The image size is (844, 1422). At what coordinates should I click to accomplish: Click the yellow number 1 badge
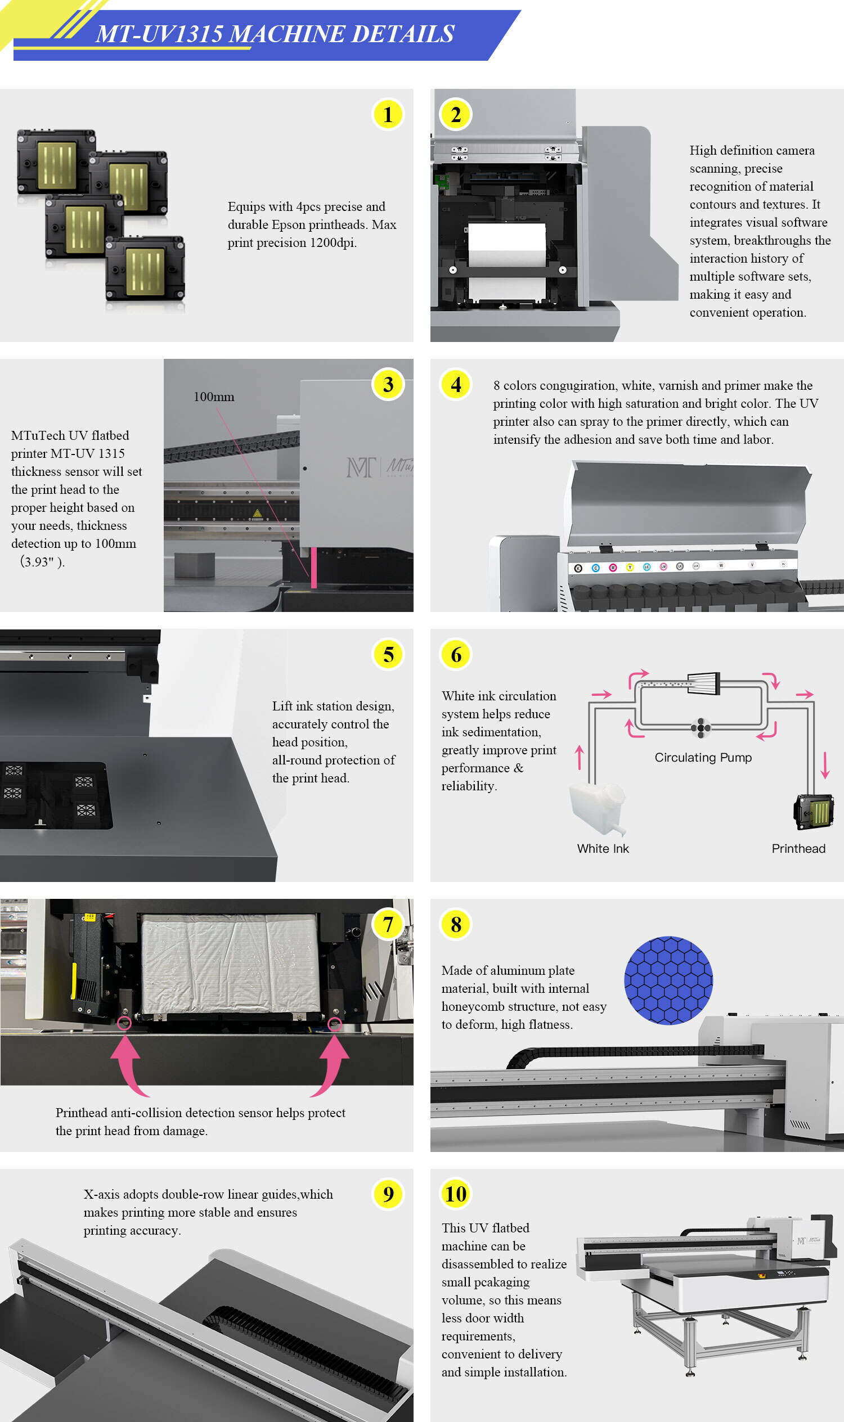tap(388, 114)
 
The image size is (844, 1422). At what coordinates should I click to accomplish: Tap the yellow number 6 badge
tap(456, 654)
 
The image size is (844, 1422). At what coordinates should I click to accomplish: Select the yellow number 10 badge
tap(456, 1194)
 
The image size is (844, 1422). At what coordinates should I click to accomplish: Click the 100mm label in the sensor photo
tap(214, 397)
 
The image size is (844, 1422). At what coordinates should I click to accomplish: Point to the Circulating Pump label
tap(703, 757)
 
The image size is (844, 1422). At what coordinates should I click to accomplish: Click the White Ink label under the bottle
tap(603, 848)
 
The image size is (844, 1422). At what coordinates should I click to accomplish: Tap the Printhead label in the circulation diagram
tap(798, 848)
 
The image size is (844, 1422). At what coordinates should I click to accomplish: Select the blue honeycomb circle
tap(668, 980)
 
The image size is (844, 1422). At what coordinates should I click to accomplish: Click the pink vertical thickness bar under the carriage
tap(313, 567)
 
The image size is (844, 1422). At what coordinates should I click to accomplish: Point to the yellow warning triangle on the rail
tap(257, 514)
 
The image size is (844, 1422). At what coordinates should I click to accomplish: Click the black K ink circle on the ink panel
tap(578, 568)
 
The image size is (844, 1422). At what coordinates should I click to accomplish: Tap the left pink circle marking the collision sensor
tap(124, 1023)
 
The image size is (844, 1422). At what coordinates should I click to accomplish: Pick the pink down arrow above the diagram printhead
tap(825, 765)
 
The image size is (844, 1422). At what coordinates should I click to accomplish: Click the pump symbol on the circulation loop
tap(701, 728)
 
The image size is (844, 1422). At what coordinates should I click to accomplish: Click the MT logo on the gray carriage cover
tap(361, 467)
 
